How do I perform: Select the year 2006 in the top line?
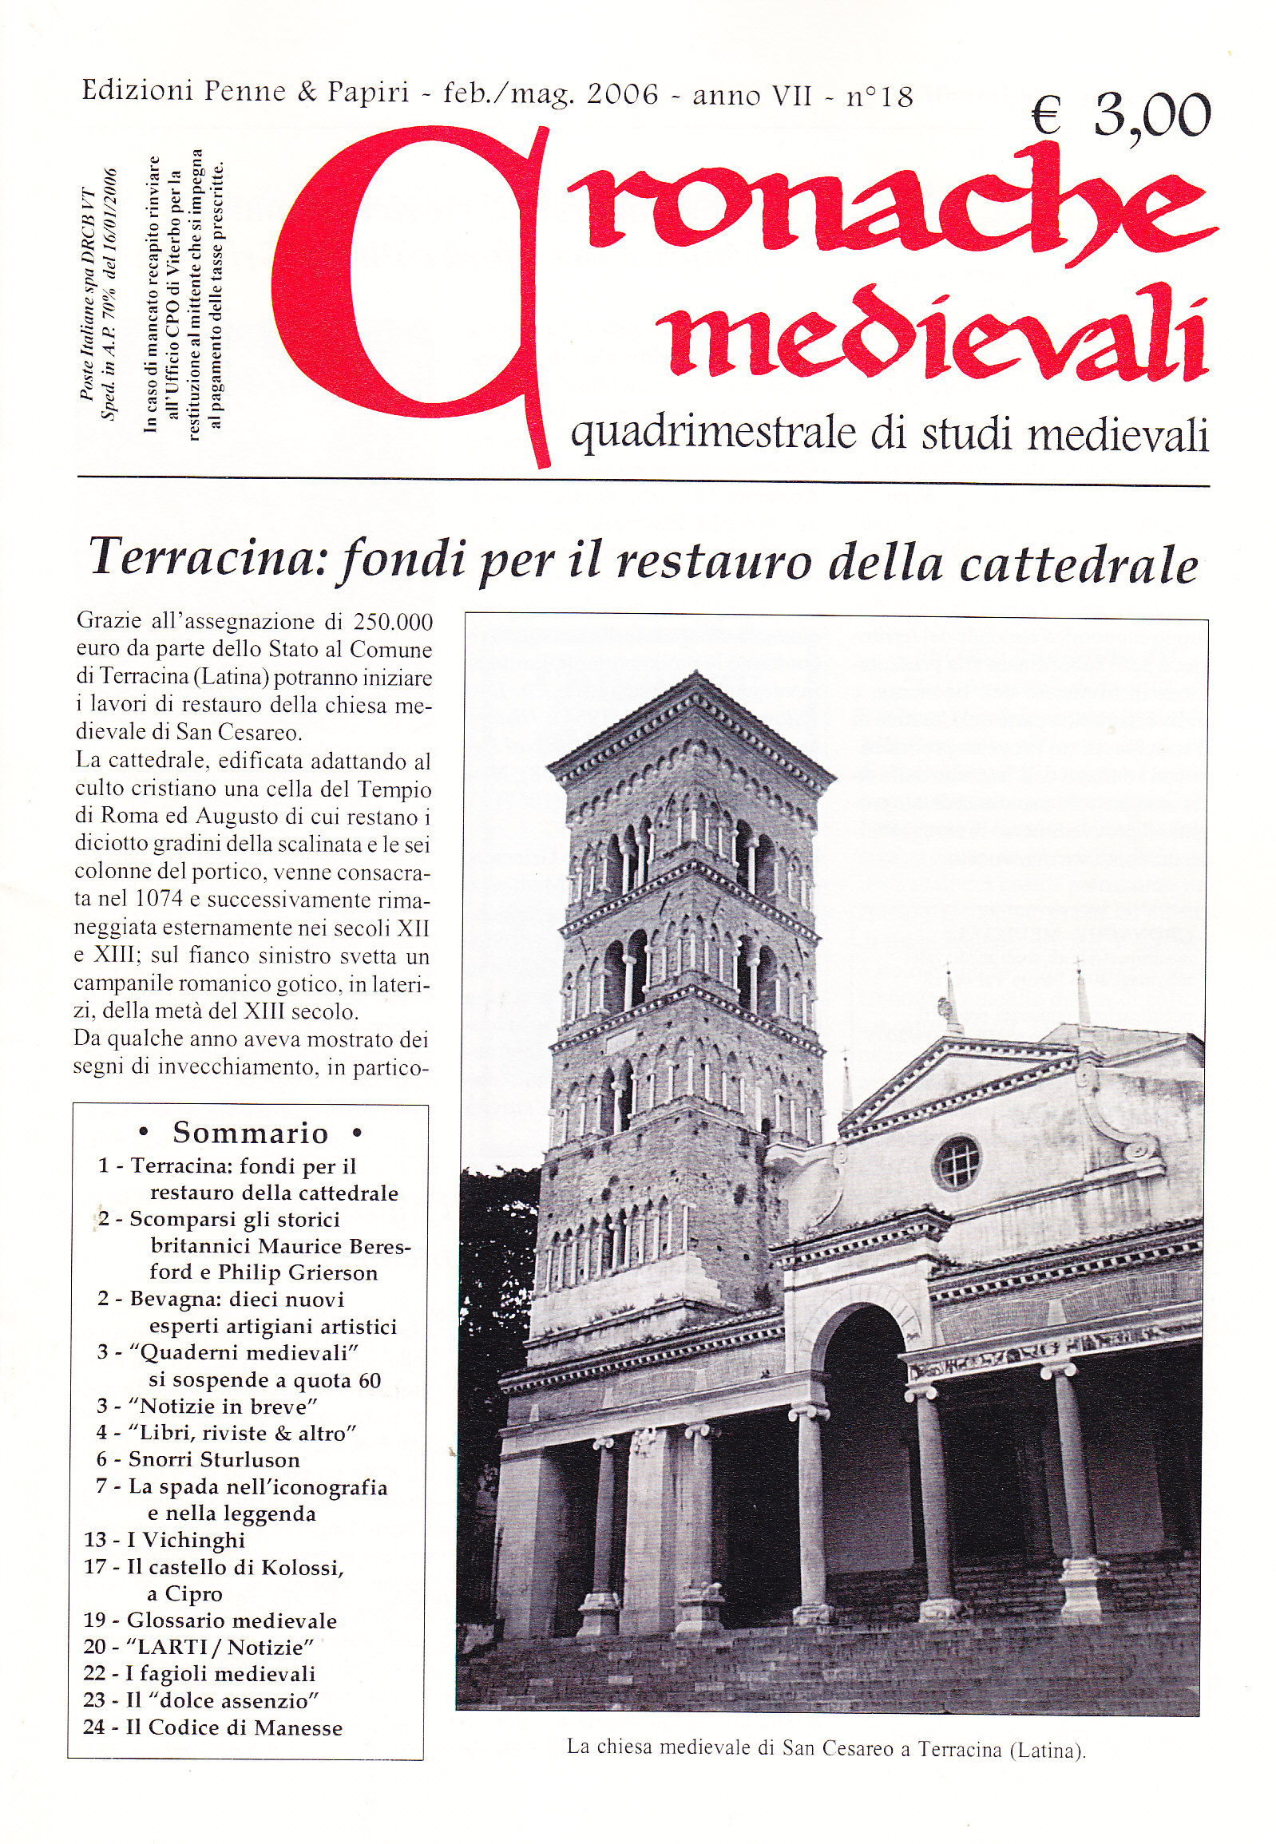[x=622, y=96]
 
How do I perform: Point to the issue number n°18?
[x=879, y=97]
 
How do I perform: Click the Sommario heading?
[x=250, y=1133]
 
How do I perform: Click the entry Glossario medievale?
[x=231, y=1620]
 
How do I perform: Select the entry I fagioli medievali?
[x=220, y=1674]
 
